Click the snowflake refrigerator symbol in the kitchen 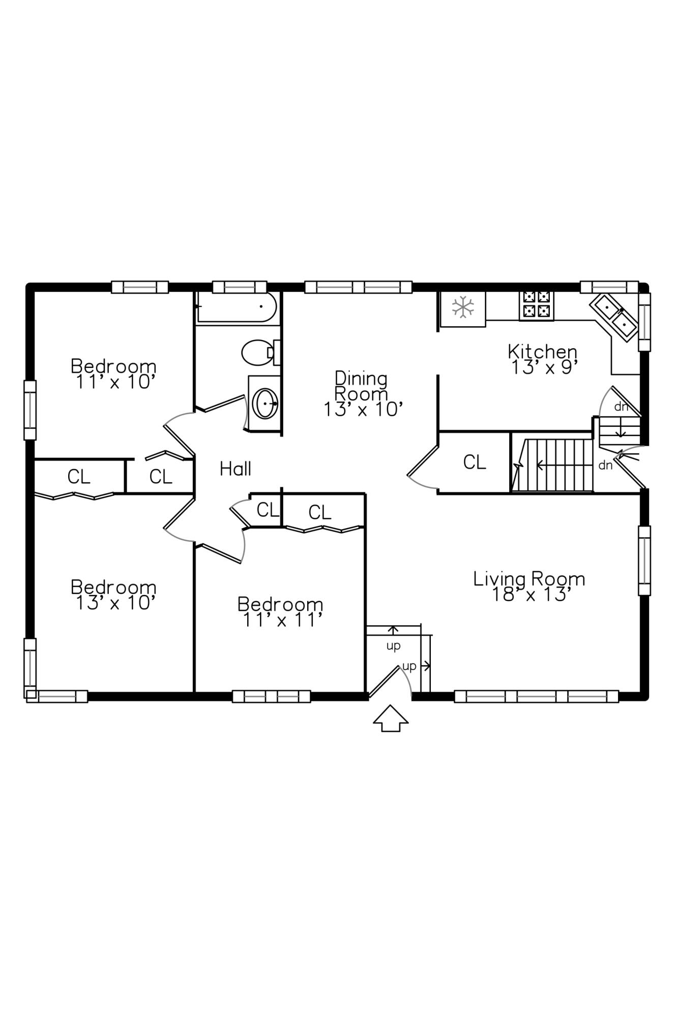(463, 307)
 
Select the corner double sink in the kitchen (613, 317)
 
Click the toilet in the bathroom (260, 352)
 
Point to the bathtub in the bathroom (237, 307)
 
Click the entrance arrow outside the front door (391, 718)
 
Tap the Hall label (235, 469)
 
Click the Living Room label (529, 579)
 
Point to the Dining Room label (361, 386)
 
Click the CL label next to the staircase (475, 462)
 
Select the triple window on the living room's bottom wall (536, 696)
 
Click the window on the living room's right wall (644, 560)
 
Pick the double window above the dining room (358, 287)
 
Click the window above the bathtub (240, 287)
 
